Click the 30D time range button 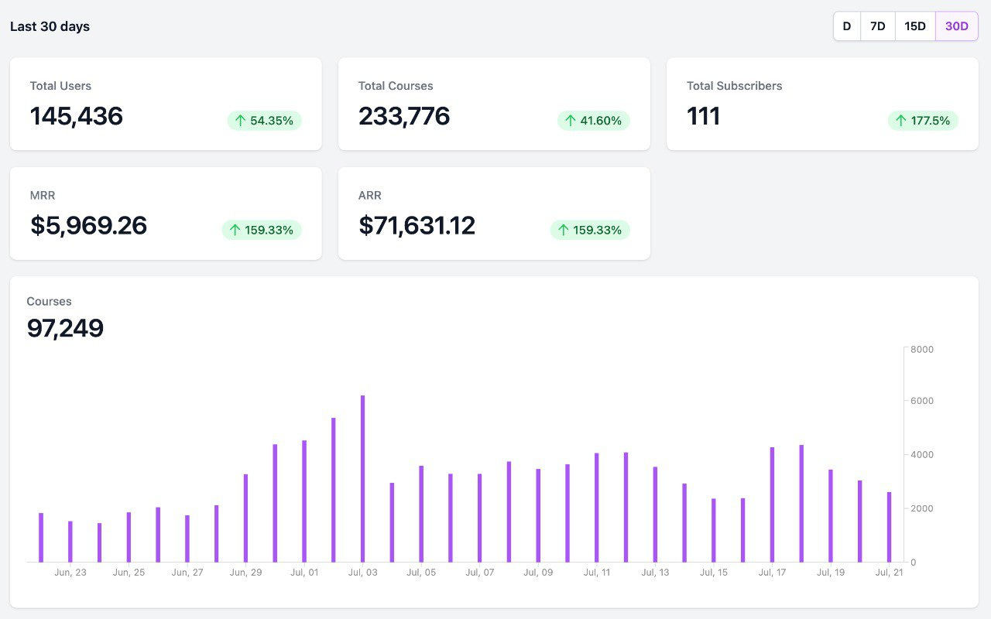[956, 26]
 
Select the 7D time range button [877, 26]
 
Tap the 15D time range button [914, 26]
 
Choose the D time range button [846, 26]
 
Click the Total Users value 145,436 [77, 116]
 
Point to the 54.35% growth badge [264, 121]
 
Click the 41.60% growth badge [593, 121]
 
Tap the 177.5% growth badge [922, 121]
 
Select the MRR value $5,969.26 [89, 225]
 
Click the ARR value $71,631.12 [417, 225]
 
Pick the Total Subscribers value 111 [704, 116]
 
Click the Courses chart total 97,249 [65, 328]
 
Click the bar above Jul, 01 [304, 501]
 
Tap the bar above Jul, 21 [889, 527]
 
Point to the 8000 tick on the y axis [922, 350]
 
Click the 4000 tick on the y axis [922, 455]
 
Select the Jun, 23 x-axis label [70, 573]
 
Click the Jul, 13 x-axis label [655, 573]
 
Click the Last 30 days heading [50, 26]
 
